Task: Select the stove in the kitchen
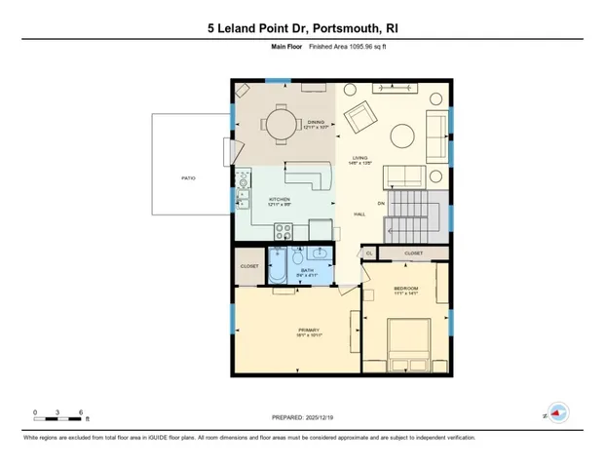(x=284, y=231)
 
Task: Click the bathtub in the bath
(x=277, y=265)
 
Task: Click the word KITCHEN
(x=279, y=199)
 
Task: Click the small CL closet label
(x=369, y=253)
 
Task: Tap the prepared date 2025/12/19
(x=303, y=417)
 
